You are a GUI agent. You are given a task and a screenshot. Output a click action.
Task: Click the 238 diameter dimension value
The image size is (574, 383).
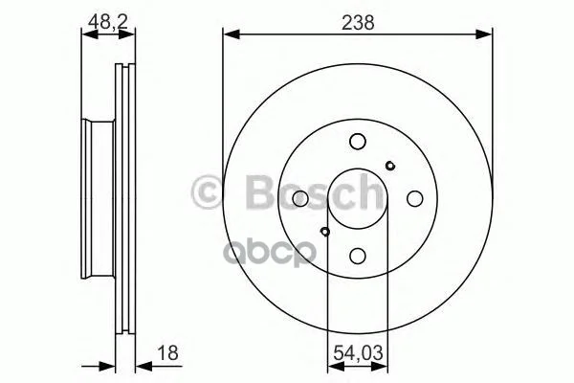pyautogui.click(x=358, y=23)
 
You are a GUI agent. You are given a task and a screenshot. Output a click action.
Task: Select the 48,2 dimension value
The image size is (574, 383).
pyautogui.click(x=108, y=22)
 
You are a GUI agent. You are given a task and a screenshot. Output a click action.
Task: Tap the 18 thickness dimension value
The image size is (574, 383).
pyautogui.click(x=167, y=352)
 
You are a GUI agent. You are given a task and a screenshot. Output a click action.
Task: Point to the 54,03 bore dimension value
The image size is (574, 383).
pyautogui.click(x=358, y=353)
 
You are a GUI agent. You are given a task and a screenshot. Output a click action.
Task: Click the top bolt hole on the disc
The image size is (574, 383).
pyautogui.click(x=357, y=142)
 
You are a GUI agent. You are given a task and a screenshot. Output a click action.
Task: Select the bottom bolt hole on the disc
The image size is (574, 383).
pyautogui.click(x=357, y=256)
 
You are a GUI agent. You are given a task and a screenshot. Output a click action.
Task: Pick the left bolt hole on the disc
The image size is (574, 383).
pyautogui.click(x=300, y=198)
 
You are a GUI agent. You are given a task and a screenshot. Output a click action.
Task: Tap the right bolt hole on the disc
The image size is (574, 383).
pyautogui.click(x=415, y=198)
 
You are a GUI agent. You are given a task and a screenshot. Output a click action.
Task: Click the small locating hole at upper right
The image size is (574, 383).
pyautogui.click(x=390, y=166)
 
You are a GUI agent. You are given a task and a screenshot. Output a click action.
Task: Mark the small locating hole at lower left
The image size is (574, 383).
pyautogui.click(x=324, y=232)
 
